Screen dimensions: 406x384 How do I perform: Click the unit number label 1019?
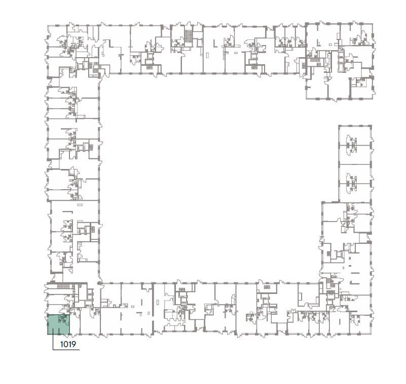click(68, 344)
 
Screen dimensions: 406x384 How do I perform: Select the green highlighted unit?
click(58, 324)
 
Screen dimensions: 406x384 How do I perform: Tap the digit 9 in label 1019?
click(73, 344)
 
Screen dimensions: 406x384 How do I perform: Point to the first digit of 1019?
click(61, 344)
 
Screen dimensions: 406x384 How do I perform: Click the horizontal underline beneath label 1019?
click(66, 350)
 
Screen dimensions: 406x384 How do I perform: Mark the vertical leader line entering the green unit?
click(53, 339)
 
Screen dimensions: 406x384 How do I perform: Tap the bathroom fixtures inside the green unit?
click(63, 319)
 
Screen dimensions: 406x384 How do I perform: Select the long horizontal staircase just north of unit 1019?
click(64, 286)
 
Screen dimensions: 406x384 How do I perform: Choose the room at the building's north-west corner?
click(57, 36)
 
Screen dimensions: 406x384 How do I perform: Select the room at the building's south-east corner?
click(360, 325)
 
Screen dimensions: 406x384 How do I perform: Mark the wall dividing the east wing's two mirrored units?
click(355, 164)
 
